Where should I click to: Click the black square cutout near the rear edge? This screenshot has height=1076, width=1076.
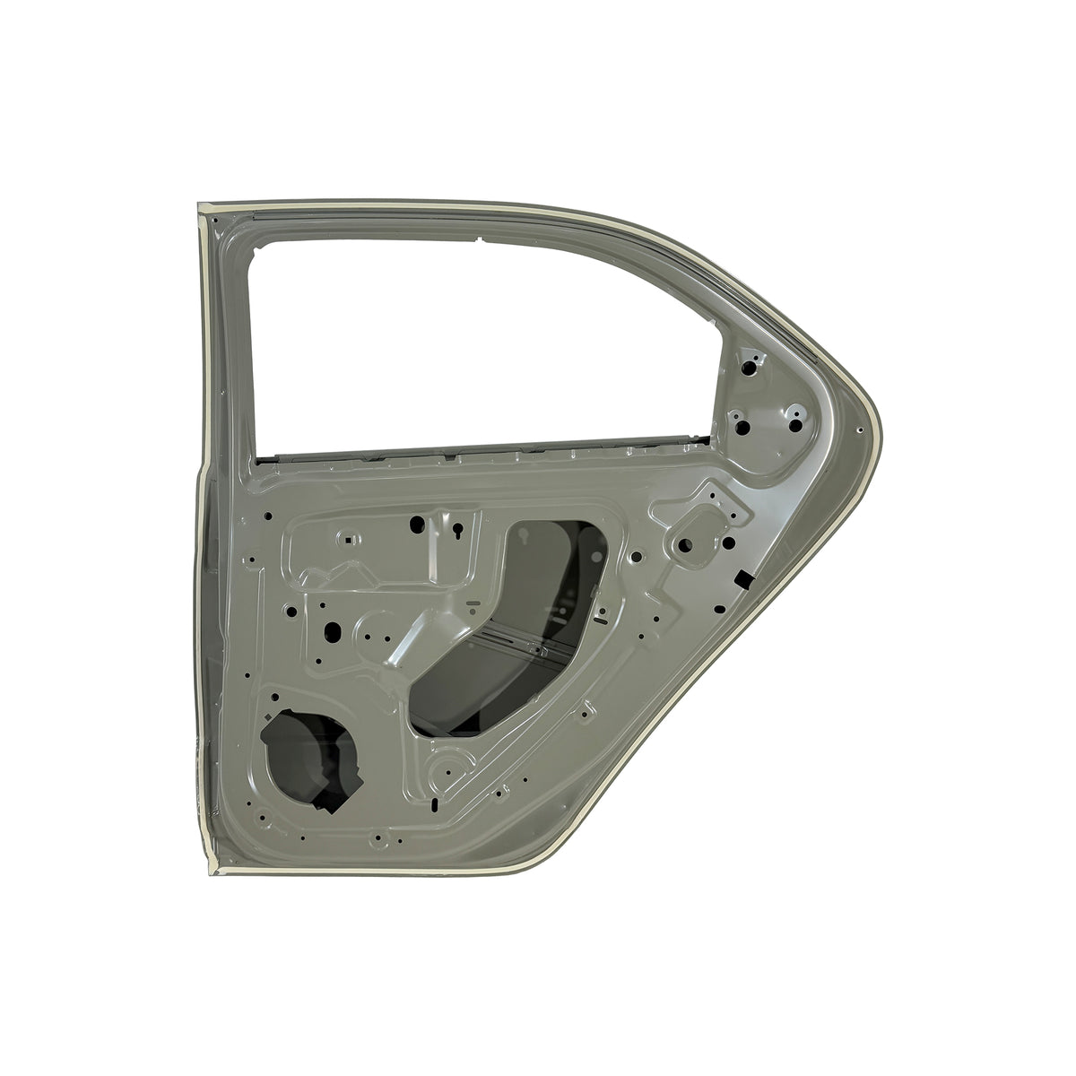tap(743, 579)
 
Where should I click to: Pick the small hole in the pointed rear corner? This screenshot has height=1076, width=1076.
tap(860, 431)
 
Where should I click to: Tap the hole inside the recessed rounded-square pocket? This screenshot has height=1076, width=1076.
tap(683, 543)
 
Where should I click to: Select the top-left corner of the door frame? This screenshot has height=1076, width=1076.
tap(201, 209)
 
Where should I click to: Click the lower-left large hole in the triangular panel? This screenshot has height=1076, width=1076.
tap(742, 427)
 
